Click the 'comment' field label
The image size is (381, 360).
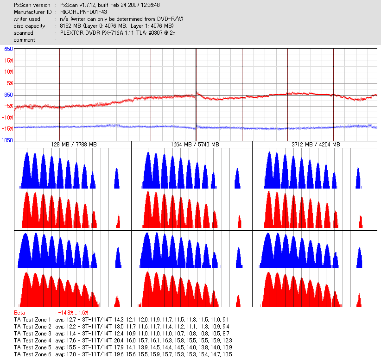point(24,40)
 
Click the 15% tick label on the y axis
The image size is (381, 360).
point(8,60)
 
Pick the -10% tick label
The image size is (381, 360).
point(8,117)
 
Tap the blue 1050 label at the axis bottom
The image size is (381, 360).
point(7,140)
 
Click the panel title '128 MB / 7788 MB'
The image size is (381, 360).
point(74,145)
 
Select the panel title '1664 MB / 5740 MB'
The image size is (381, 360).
point(192,145)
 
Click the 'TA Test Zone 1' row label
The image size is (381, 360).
point(33,320)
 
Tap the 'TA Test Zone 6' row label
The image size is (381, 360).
point(33,354)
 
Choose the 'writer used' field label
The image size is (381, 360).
point(27,19)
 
